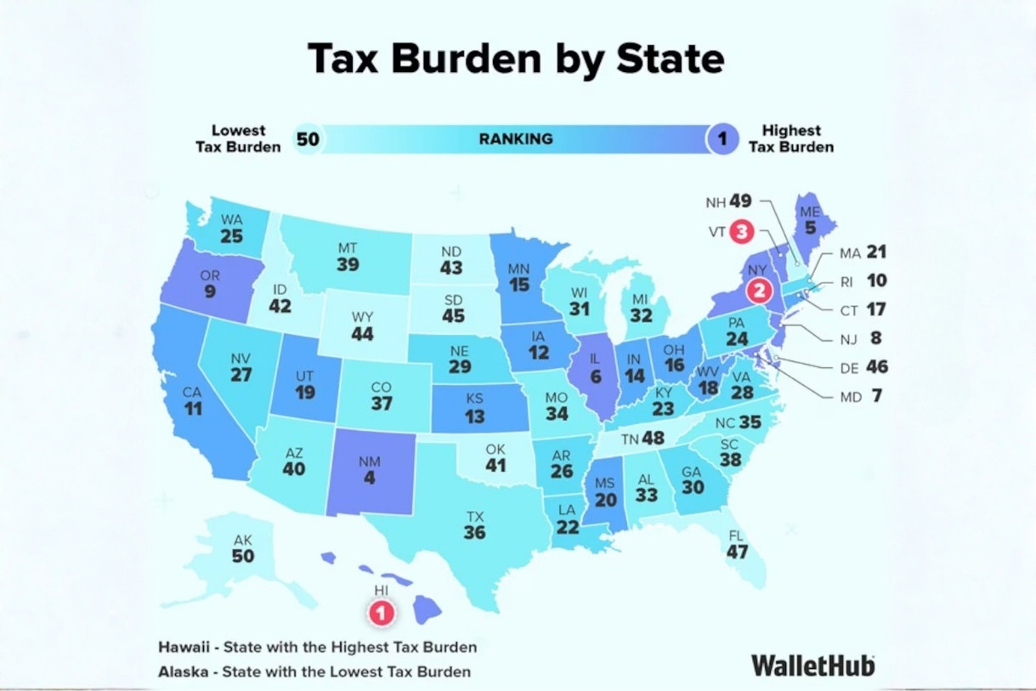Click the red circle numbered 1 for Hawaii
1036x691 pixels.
pyautogui.click(x=381, y=611)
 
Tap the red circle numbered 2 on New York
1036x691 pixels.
pyautogui.click(x=759, y=291)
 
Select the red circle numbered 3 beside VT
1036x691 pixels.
pyautogui.click(x=742, y=230)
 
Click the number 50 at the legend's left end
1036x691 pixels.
pyautogui.click(x=308, y=139)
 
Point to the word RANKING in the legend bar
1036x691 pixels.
pyautogui.click(x=515, y=139)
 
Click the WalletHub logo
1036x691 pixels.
pyautogui.click(x=812, y=665)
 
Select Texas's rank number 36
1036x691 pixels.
pyautogui.click(x=474, y=533)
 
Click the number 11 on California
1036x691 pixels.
pyautogui.click(x=193, y=409)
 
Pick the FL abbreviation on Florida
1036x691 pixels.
pyautogui.click(x=736, y=536)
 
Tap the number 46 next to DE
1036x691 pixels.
pyautogui.click(x=877, y=367)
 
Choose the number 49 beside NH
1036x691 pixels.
pyautogui.click(x=740, y=201)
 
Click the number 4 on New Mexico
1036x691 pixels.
pyautogui.click(x=370, y=478)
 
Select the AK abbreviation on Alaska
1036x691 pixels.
pyautogui.click(x=242, y=541)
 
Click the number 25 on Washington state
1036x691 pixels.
pyautogui.click(x=231, y=236)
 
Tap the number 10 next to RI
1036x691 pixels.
pyautogui.click(x=877, y=280)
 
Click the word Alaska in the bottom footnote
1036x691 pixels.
pyautogui.click(x=183, y=671)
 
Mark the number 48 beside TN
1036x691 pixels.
pyautogui.click(x=653, y=439)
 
